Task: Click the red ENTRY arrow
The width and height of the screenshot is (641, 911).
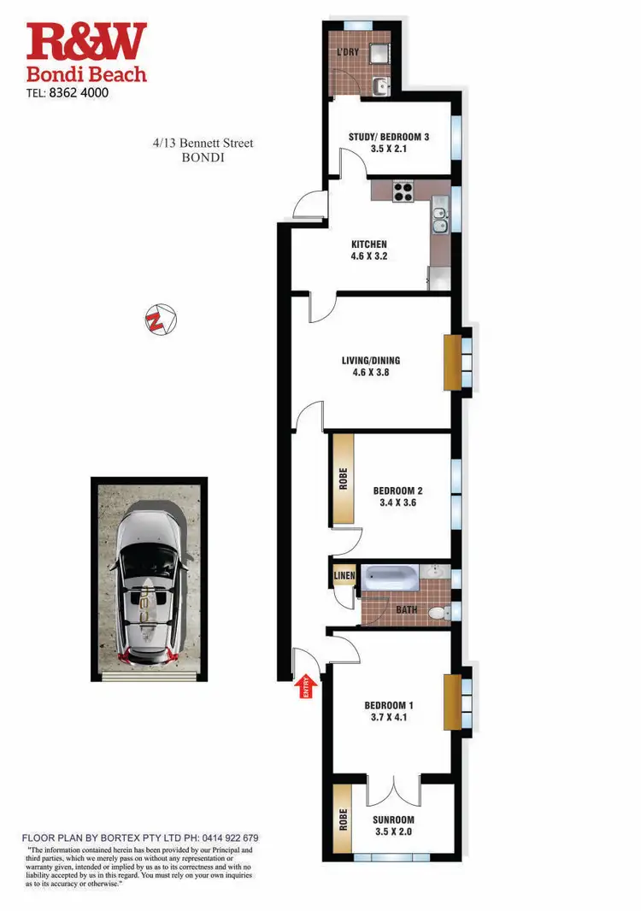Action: point(305,689)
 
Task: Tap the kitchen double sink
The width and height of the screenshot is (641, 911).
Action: point(439,221)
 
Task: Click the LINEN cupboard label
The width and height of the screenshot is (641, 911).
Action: point(344,577)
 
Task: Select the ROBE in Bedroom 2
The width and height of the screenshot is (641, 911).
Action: point(343,479)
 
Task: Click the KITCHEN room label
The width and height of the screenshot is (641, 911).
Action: point(368,244)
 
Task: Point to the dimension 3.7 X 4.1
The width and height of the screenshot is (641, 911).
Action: point(389,718)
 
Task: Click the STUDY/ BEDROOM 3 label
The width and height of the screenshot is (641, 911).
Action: point(389,137)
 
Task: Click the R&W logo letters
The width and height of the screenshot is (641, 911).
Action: point(86,43)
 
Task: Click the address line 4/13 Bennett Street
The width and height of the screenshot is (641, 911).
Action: point(197,144)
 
